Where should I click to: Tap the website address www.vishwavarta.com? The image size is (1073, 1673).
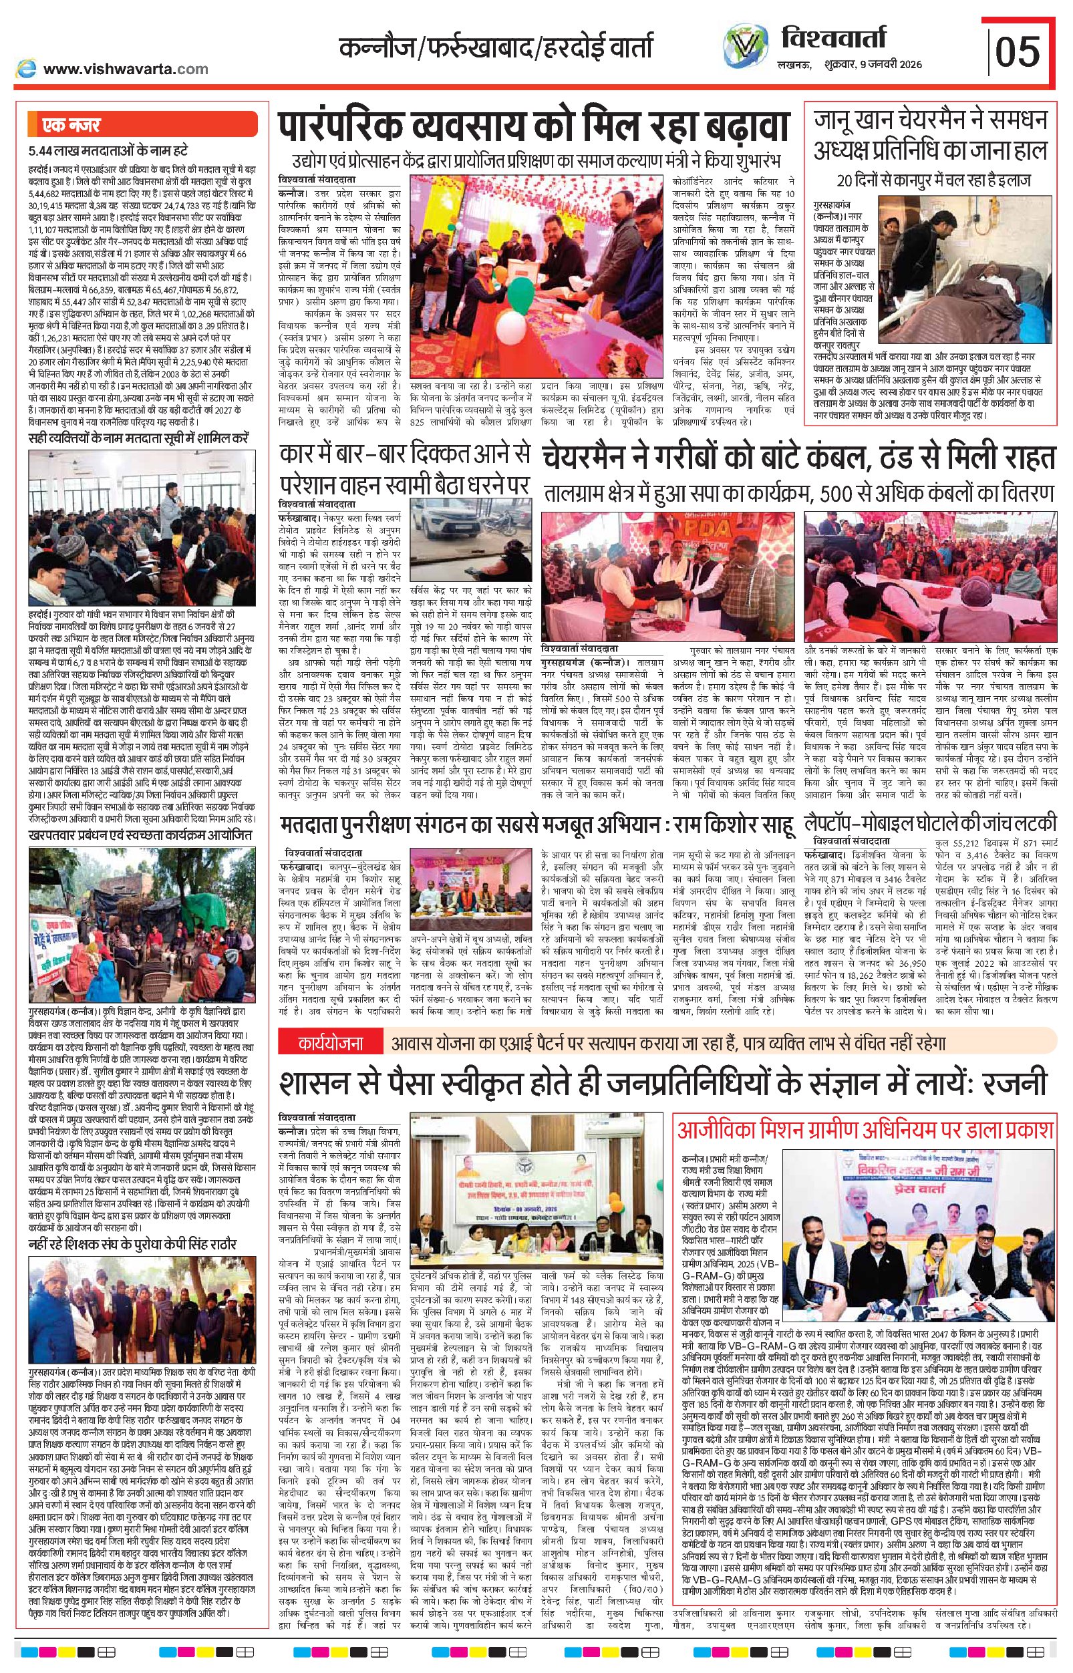pyautogui.click(x=126, y=69)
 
